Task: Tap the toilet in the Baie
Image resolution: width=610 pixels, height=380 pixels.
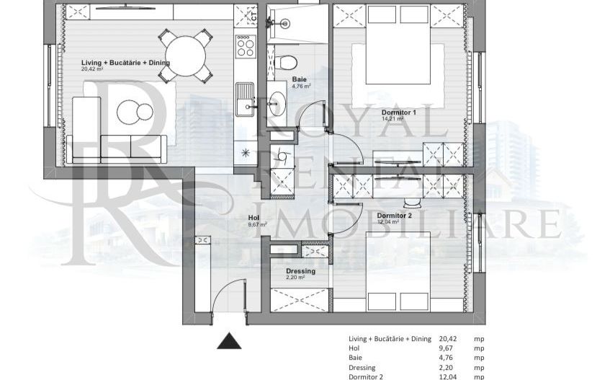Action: point(287,61)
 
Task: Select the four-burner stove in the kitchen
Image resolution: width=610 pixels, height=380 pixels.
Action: point(246,46)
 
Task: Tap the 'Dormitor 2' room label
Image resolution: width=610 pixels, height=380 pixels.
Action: point(394,215)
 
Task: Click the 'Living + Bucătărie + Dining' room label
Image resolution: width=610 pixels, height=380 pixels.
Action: point(125,63)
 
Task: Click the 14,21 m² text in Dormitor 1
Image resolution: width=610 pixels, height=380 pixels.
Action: point(396,120)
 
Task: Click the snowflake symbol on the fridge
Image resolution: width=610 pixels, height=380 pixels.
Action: point(246,152)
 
